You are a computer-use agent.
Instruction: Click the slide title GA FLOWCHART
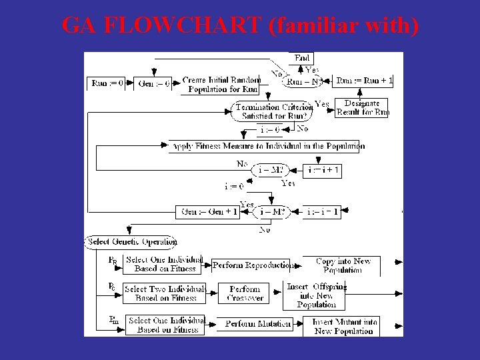tap(240, 26)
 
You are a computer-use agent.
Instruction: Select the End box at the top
tap(302, 59)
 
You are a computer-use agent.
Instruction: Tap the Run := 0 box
tap(107, 83)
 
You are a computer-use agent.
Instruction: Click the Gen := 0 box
tap(153, 83)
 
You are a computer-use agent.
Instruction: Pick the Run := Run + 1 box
tap(364, 81)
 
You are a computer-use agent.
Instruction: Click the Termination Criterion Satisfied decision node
tap(273, 111)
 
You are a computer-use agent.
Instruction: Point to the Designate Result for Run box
tap(362, 108)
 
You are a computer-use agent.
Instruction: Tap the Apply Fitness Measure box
tap(267, 146)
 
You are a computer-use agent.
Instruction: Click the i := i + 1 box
tap(323, 171)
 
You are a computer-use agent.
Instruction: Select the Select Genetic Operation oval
tap(131, 241)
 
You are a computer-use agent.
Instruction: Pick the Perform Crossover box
tap(245, 293)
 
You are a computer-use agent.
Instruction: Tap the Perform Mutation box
tap(257, 324)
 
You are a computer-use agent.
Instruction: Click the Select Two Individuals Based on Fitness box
tap(165, 293)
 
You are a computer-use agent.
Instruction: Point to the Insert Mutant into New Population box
tap(345, 326)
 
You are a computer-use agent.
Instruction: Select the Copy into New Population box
tap(342, 265)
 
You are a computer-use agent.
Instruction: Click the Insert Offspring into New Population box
tap(317, 295)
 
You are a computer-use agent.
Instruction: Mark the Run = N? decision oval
tap(303, 81)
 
